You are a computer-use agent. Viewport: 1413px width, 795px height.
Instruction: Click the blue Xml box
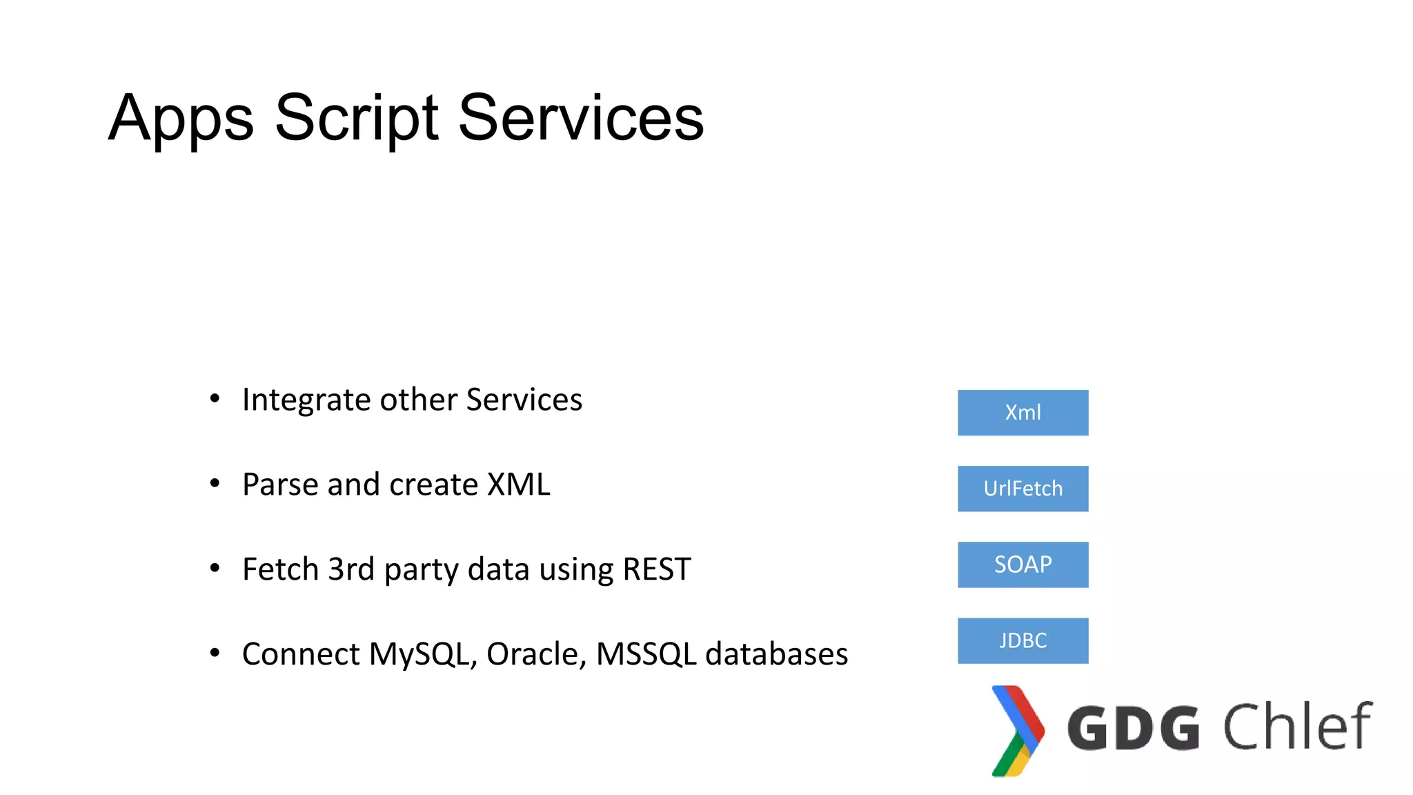(x=1022, y=413)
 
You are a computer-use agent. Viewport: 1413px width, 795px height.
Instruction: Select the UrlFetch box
(x=1022, y=489)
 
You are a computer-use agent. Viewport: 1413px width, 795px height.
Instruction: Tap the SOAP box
(x=1022, y=565)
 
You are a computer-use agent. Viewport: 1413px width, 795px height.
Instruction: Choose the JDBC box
(x=1022, y=640)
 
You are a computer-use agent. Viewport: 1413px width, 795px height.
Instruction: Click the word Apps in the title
(x=181, y=119)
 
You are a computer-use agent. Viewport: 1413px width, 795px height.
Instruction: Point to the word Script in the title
(x=356, y=119)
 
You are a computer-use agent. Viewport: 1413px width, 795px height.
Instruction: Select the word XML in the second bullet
(x=519, y=484)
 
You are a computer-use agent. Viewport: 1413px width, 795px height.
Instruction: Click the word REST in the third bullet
(x=656, y=569)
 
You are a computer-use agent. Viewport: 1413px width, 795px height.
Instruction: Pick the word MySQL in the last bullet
(x=422, y=654)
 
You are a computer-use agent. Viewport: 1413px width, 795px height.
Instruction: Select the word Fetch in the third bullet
(x=281, y=569)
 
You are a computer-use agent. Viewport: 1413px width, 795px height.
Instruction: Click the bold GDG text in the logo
(x=1134, y=728)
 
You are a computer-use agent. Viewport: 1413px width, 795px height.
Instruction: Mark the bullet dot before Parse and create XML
(x=215, y=484)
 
